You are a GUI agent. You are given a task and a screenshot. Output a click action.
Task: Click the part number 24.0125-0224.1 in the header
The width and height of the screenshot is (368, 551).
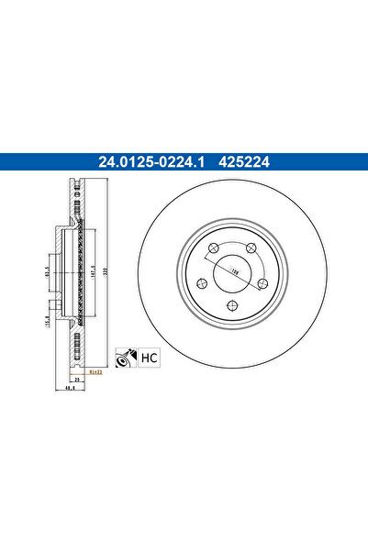coord(151,164)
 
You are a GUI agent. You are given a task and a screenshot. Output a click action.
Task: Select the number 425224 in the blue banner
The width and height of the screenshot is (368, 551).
coord(244,164)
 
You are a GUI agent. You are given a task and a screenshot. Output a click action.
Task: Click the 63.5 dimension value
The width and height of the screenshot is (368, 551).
coord(49,272)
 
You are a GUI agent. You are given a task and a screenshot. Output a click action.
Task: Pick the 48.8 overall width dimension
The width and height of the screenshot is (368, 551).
coord(71,388)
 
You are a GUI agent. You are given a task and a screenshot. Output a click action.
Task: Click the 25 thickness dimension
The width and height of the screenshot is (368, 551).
coord(79,378)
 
